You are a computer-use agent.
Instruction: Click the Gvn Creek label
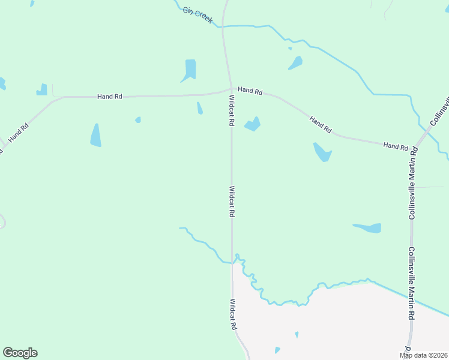coord(198,16)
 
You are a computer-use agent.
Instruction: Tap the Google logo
coord(20,353)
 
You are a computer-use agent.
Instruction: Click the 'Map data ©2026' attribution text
coord(424,355)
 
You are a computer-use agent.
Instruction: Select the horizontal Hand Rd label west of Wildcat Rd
coord(110,96)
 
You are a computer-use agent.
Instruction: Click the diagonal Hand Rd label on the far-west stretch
coord(18,133)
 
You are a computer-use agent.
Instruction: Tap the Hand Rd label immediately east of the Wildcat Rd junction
coord(250,91)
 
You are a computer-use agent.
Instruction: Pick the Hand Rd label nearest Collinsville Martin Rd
coord(396,146)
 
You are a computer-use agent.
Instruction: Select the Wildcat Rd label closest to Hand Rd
coord(231,110)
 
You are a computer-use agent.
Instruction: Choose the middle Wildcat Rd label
coord(232,201)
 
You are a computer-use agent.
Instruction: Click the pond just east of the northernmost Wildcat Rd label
coord(253,125)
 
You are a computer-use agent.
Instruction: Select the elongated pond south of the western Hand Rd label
coord(95,135)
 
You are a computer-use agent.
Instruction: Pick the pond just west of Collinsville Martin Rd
coord(369,228)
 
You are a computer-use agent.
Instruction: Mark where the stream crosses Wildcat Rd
coord(232,262)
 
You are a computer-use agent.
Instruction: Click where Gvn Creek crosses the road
coord(223,26)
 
